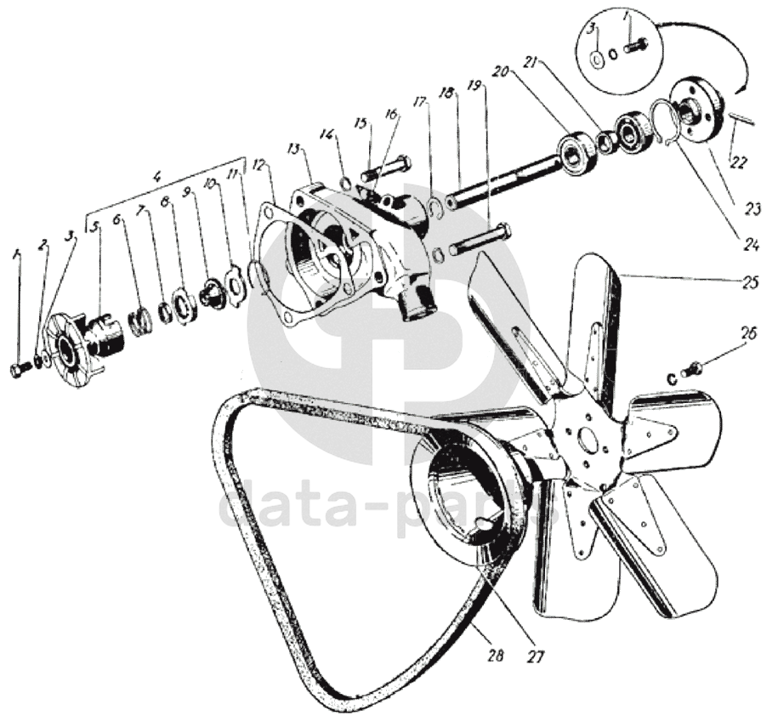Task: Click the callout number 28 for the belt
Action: pyautogui.click(x=496, y=656)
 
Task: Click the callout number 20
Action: pyautogui.click(x=499, y=73)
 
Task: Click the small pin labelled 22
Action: pyautogui.click(x=745, y=118)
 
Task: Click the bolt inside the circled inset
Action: pyautogui.click(x=634, y=48)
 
